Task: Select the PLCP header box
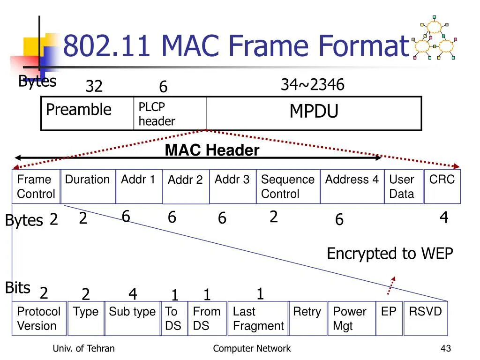click(170, 113)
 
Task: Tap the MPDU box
click(314, 113)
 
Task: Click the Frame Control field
click(36, 187)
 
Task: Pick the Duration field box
click(88, 187)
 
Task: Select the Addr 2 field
click(186, 187)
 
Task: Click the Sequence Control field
click(288, 187)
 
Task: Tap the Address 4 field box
click(352, 187)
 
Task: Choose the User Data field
click(404, 187)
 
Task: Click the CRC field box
click(442, 187)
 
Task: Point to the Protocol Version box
click(39, 319)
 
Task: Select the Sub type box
click(132, 319)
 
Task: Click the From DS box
click(207, 319)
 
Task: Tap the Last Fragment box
click(258, 319)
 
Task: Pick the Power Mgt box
click(351, 319)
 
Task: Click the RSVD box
click(426, 319)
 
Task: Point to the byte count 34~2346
click(312, 85)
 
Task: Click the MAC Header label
click(212, 150)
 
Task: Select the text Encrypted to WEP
click(390, 254)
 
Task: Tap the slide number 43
click(445, 348)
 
